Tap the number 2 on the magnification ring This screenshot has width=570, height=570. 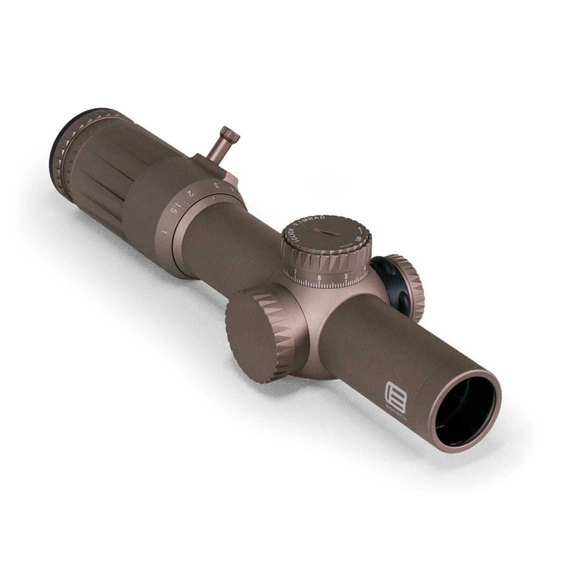pos(190,194)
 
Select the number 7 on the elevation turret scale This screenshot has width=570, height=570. pos(295,271)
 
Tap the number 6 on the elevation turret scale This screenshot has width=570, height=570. pos(319,278)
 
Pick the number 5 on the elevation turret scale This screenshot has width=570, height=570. pos(346,276)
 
